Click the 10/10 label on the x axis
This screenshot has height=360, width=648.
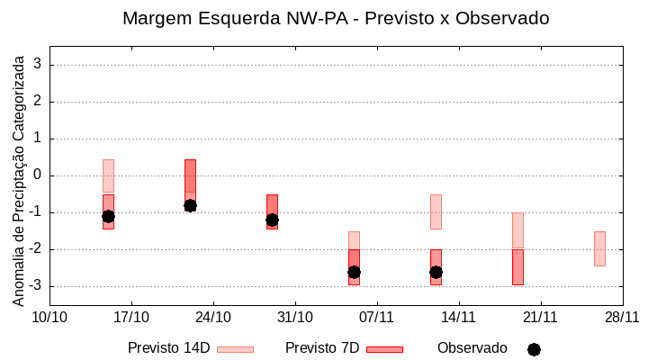coord(49,317)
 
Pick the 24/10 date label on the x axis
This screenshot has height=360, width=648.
coord(213,317)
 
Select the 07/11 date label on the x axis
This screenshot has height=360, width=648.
coord(377,317)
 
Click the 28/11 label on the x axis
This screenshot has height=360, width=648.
coord(622,317)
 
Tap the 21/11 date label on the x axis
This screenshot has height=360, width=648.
coord(540,317)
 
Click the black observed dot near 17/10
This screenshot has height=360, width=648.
coord(108,216)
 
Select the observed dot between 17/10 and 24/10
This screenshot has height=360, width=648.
coord(190,205)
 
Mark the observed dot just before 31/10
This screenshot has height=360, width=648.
coord(272,220)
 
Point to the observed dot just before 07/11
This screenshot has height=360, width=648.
coord(354,272)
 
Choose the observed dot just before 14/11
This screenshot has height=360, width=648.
coord(436,272)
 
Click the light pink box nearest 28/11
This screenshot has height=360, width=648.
coord(599,248)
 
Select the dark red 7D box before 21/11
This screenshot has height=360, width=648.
coord(517,267)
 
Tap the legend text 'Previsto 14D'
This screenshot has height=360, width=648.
coord(168,348)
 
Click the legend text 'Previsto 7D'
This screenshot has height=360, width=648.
coord(321,348)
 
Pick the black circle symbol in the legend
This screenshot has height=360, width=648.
coord(534,349)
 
